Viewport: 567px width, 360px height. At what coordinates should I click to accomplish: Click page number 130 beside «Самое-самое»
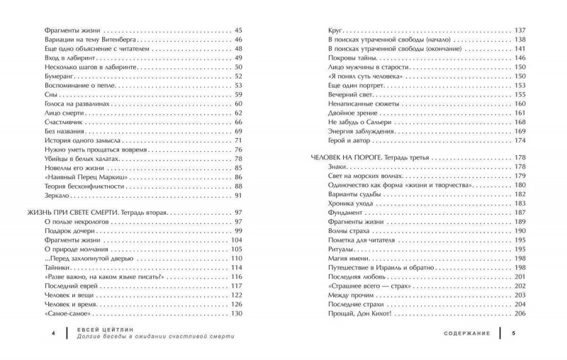click(237, 314)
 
